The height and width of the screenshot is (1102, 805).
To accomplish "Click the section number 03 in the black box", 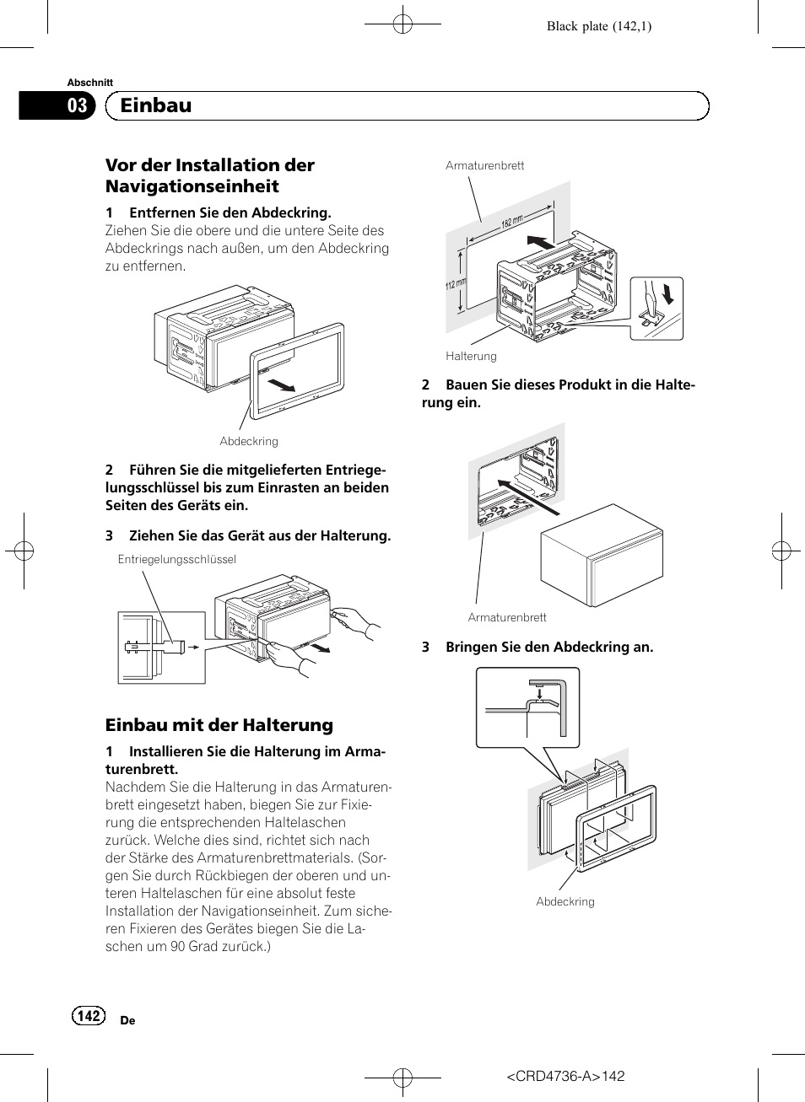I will pos(77,105).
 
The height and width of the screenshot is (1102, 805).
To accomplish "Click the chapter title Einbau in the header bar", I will pos(156,105).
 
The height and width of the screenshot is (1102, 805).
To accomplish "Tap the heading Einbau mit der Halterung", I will pos(219,725).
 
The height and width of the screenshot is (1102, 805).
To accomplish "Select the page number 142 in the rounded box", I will pos(89,1016).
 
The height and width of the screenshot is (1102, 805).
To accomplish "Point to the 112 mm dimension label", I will pos(455,284).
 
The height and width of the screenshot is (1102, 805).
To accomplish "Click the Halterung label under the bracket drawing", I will pos(471,356).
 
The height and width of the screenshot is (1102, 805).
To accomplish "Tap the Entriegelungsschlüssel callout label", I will pos(177,559).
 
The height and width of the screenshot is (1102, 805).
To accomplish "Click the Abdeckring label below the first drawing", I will pos(249,441).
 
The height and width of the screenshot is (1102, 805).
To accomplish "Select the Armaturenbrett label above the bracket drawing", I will pos(484,165).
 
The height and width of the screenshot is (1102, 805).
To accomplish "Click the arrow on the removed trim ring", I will pos(281,385).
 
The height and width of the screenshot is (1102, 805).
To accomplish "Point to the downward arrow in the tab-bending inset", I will pos(669,293).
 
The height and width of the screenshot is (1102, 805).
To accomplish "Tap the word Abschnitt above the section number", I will pos(90,83).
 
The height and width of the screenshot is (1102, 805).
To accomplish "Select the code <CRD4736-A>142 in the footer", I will pos(565,1076).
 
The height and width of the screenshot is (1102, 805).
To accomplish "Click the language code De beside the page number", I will pos(127,1020).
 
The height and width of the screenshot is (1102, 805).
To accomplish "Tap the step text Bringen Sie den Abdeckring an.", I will pos(548,647).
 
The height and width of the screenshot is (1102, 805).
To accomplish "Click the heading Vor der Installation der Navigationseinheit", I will pos(210,175).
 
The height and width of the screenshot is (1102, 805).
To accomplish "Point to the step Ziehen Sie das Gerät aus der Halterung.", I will pos(259,535).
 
